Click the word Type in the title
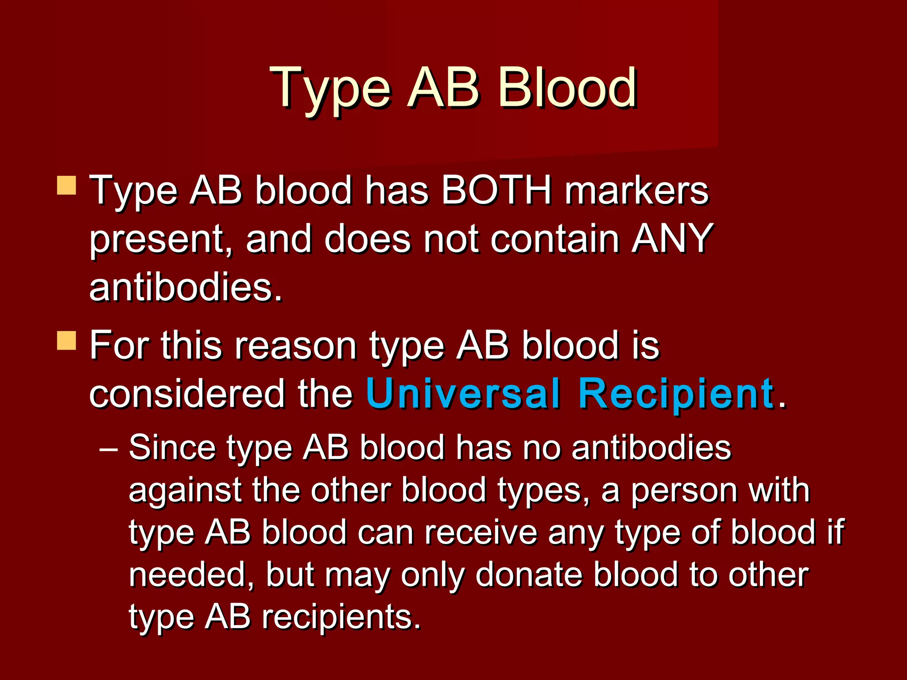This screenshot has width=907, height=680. pos(330,89)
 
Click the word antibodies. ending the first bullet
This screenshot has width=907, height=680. pos(186,287)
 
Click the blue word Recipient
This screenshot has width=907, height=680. pos(676,393)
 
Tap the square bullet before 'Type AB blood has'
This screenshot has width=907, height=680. pos(67,185)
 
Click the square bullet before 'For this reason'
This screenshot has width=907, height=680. pos(67,341)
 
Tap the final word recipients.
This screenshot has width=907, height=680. pos(341,617)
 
